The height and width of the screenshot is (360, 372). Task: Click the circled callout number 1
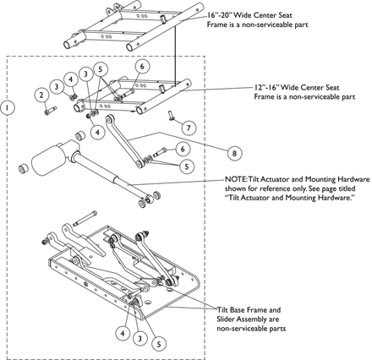8,107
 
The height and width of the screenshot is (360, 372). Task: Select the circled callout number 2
41,95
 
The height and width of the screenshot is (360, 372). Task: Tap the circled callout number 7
189,128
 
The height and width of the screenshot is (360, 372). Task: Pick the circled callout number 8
234,154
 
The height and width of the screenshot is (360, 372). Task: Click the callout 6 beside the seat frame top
142,67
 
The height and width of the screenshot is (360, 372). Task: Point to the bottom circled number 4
123,334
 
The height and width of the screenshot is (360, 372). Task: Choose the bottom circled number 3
139,338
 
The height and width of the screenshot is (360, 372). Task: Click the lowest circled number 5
159,344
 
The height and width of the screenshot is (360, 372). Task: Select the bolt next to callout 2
51,110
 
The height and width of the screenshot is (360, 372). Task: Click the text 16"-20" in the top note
219,14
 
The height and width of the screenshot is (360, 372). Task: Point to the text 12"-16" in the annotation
266,87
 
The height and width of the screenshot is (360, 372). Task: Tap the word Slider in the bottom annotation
226,319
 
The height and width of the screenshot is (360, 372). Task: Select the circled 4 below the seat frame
97,132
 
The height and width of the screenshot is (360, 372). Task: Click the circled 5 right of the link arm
187,166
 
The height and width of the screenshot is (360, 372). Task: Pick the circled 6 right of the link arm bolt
183,149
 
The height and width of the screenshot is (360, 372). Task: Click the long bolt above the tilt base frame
85,218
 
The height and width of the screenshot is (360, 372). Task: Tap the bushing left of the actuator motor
23,168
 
